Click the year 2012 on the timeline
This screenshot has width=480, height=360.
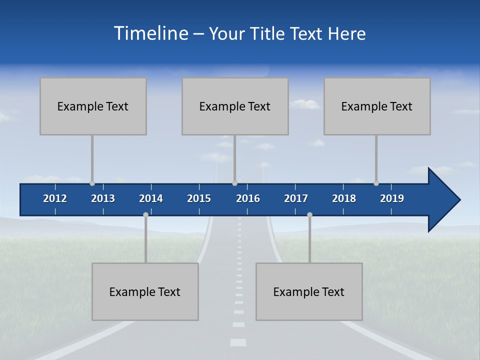click(x=55, y=198)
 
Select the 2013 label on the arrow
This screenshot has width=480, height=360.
click(x=103, y=198)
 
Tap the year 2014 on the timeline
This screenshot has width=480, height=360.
click(x=151, y=198)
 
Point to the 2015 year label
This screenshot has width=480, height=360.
click(x=199, y=198)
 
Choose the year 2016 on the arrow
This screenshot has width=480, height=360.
click(x=248, y=198)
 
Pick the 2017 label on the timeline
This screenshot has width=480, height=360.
click(x=296, y=198)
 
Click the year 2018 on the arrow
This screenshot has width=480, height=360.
click(x=344, y=198)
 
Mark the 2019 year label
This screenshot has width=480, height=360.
click(x=392, y=198)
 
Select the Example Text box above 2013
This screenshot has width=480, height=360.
click(x=93, y=106)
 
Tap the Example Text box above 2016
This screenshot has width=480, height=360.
click(x=235, y=106)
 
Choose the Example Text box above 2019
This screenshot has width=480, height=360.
click(x=377, y=106)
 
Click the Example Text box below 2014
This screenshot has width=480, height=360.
click(x=145, y=291)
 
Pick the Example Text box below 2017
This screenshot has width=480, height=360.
click(x=309, y=291)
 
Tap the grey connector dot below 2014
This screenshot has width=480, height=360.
click(x=145, y=214)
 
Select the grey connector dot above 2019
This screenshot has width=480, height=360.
click(x=376, y=183)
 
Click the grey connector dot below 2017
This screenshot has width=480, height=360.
click(x=309, y=214)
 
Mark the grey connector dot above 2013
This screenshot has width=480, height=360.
click(x=92, y=183)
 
